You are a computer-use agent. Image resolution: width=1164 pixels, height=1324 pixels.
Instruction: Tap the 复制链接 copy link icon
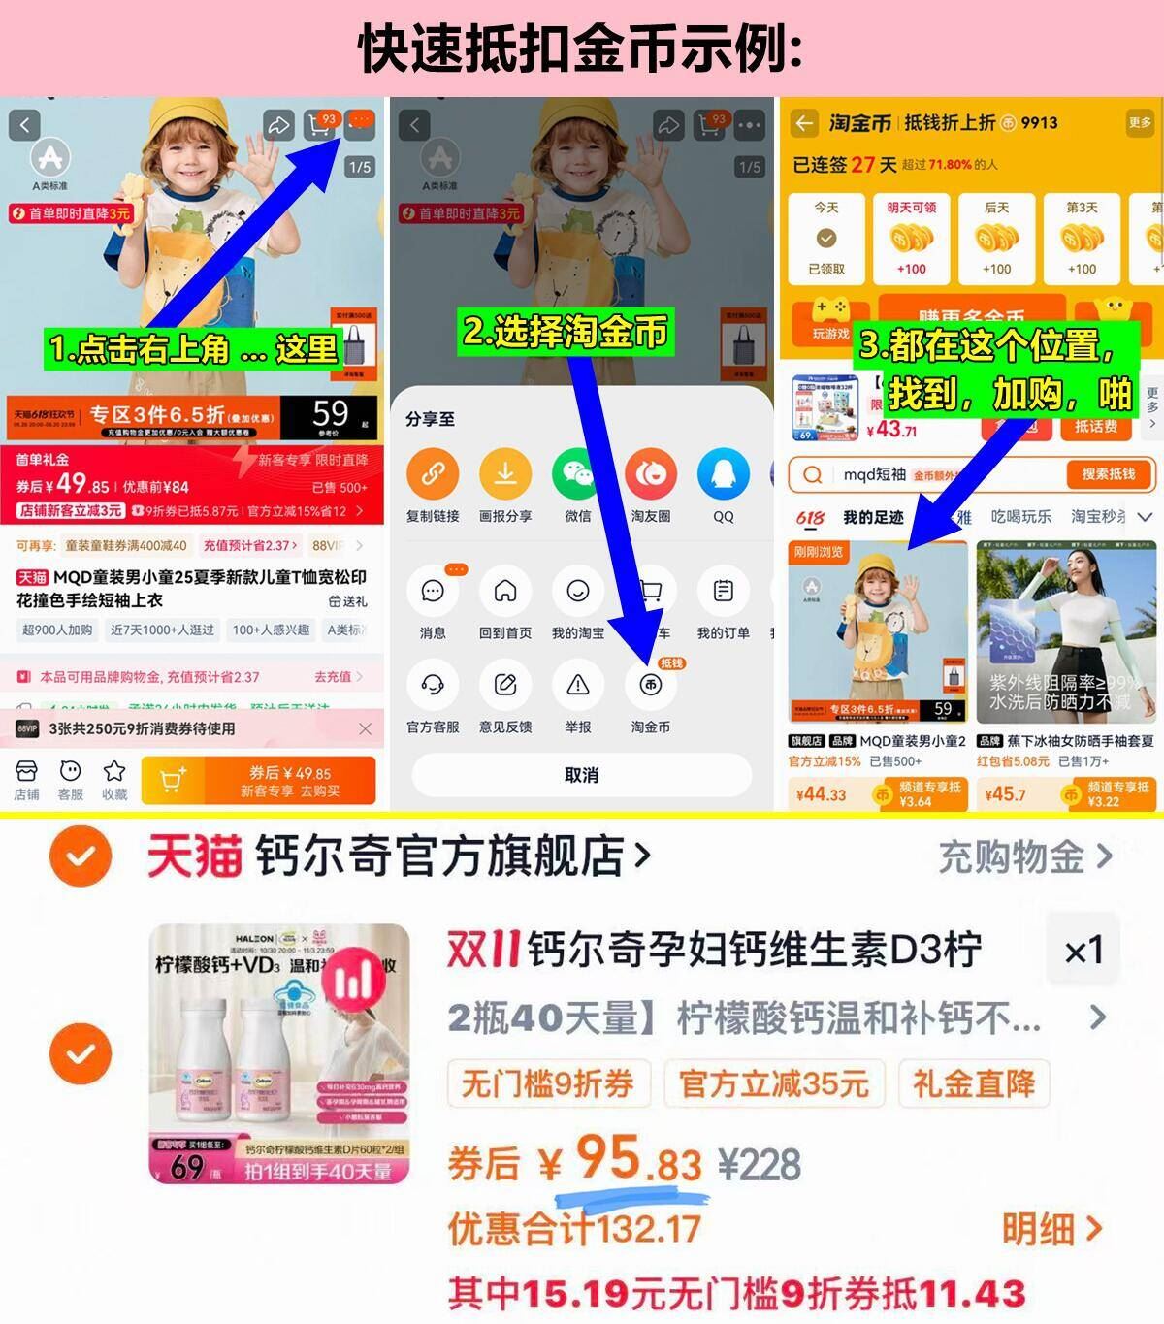click(x=433, y=474)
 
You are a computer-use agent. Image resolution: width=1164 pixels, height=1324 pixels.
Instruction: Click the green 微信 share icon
click(x=577, y=474)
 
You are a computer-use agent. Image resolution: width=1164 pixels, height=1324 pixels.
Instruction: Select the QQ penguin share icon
click(x=723, y=474)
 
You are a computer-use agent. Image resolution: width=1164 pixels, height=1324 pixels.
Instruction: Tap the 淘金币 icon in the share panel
click(x=650, y=685)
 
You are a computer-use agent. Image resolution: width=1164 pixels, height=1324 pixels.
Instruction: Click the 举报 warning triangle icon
click(x=577, y=685)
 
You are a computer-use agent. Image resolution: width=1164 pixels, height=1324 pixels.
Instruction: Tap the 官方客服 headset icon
click(x=433, y=685)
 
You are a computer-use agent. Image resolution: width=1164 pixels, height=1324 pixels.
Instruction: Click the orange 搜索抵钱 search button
click(x=1107, y=474)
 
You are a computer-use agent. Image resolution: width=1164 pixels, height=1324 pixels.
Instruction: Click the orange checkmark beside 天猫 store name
click(x=81, y=856)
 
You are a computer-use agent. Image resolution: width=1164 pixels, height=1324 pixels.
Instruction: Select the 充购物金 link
click(x=1024, y=856)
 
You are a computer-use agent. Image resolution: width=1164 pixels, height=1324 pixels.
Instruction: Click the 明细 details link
click(x=1051, y=1229)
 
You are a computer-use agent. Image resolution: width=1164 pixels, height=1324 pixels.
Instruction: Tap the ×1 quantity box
click(x=1083, y=951)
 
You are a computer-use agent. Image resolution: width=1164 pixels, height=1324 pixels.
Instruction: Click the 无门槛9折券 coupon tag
click(x=547, y=1083)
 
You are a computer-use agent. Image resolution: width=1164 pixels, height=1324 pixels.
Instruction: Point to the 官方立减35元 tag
click(x=773, y=1083)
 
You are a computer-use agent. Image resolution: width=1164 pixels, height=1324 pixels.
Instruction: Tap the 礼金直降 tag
click(x=973, y=1083)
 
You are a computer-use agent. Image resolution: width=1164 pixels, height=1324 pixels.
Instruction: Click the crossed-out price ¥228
click(x=760, y=1164)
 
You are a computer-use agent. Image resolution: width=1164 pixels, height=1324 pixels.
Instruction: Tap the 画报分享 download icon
click(x=504, y=474)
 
